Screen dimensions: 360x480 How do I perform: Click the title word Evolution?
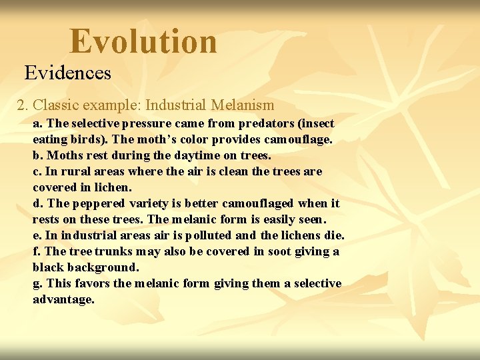pos(143,41)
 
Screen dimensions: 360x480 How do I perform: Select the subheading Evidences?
pos(68,73)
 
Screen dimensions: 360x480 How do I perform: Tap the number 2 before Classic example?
pos(21,105)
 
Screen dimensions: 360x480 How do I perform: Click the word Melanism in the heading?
pos(242,105)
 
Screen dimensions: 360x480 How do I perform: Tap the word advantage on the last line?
pos(63,299)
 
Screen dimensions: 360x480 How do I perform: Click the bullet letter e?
pos(36,235)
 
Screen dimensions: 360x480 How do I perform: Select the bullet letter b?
pos(37,155)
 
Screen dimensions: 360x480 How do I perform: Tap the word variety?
pos(148,203)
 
